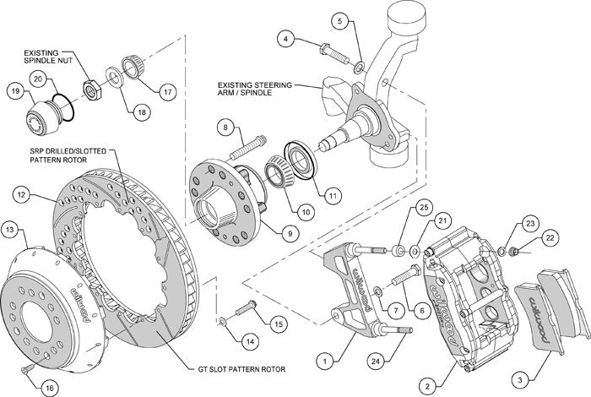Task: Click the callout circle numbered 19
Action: (16, 90)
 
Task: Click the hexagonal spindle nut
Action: (88, 87)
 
